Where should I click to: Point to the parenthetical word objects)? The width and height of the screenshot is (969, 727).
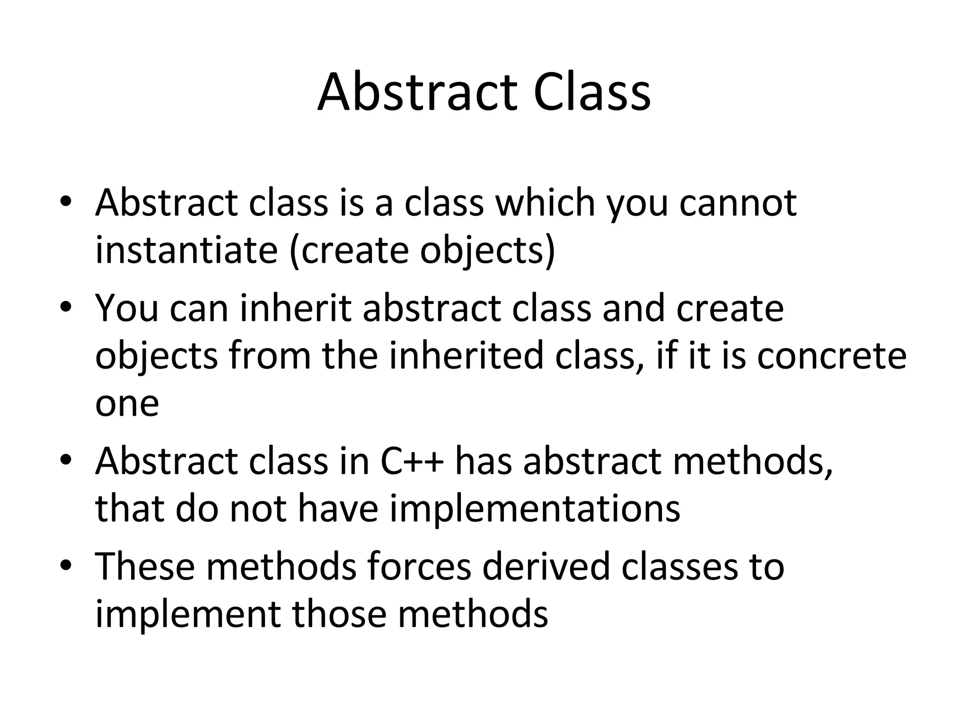487,251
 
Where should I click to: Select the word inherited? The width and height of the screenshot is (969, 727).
466,356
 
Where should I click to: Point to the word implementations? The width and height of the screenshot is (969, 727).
535,509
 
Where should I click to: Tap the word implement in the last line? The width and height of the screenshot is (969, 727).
188,614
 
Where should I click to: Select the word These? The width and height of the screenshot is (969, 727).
145,567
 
